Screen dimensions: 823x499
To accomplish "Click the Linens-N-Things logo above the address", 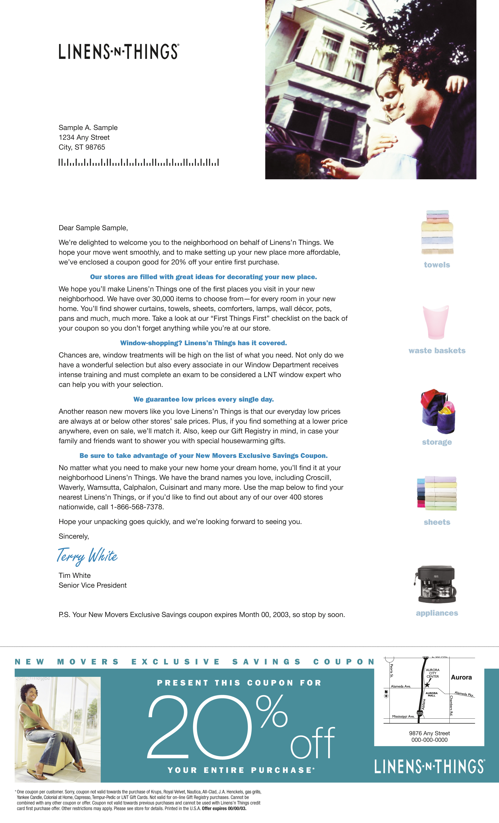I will pyautogui.click(x=119, y=51).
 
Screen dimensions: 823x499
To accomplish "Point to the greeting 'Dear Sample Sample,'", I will pyautogui.click(x=93, y=228).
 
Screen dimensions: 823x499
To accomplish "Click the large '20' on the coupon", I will pyautogui.click(x=199, y=727).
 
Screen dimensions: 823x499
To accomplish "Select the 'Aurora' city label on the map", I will pyautogui.click(x=461, y=677).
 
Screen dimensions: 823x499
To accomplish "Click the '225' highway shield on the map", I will pyautogui.click(x=420, y=713).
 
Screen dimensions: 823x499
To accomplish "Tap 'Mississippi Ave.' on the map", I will pyautogui.click(x=403, y=716).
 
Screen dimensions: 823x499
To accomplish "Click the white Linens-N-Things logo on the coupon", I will pyautogui.click(x=430, y=767).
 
